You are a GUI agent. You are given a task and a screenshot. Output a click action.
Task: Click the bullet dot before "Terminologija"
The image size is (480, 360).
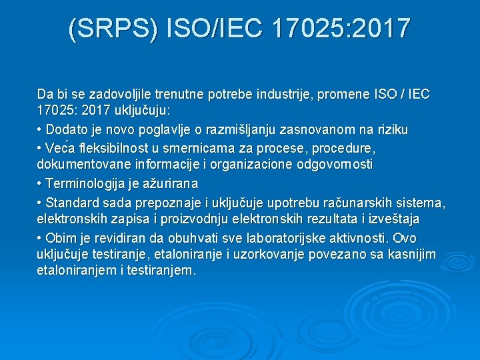click(40, 183)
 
